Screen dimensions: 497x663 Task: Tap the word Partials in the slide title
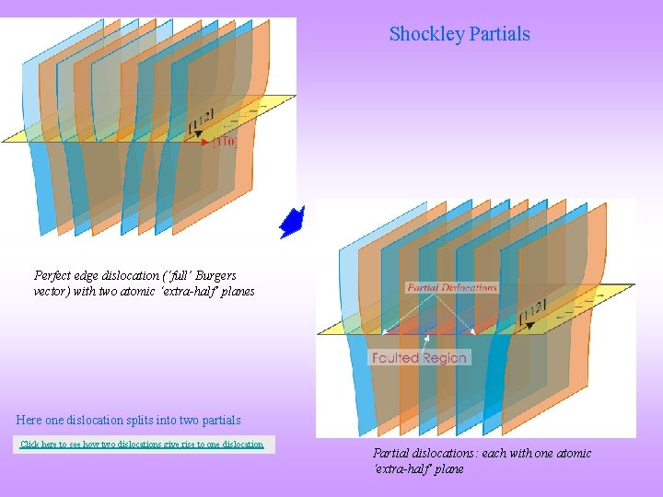point(499,34)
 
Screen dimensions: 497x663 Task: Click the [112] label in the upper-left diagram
point(202,121)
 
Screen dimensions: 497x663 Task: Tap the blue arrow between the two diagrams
point(292,222)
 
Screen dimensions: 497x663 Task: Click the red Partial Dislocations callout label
point(452,287)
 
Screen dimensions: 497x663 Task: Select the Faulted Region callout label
point(420,357)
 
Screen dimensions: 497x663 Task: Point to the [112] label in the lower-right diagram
point(534,312)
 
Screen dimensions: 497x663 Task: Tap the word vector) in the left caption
point(53,291)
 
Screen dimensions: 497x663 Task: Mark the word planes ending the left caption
point(236,291)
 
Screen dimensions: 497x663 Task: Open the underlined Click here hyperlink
point(142,445)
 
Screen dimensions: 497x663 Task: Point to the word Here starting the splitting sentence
point(29,420)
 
